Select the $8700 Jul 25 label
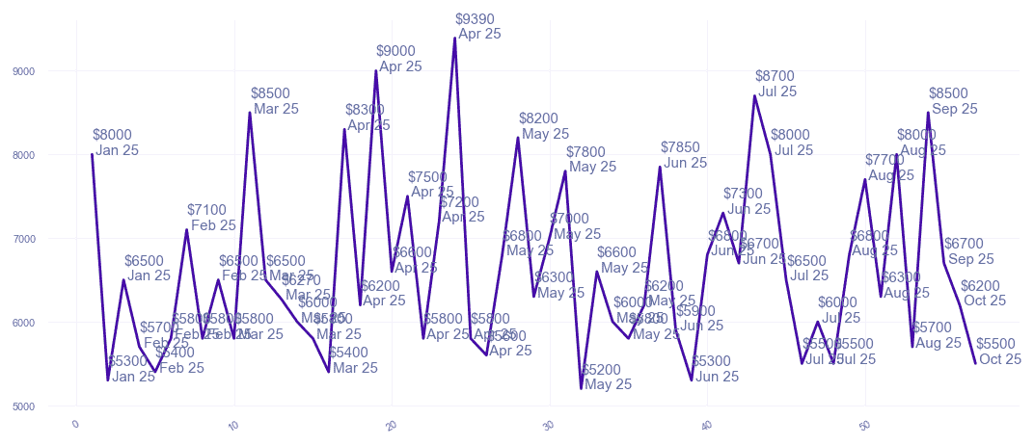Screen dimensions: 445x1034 (776, 84)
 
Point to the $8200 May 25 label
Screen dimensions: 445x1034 (543, 126)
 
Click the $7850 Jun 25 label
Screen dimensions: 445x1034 (684, 155)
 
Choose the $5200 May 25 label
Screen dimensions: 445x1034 (607, 377)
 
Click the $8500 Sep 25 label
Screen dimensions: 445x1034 (953, 101)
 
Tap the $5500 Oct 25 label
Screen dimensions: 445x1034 (998, 352)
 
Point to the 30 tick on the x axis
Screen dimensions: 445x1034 (548, 425)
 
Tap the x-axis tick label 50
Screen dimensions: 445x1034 (863, 425)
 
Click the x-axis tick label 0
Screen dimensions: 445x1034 (75, 424)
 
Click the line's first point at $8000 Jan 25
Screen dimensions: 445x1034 (93, 154)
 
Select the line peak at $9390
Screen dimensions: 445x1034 (454, 39)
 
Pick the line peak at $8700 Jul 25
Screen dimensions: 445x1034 (754, 95)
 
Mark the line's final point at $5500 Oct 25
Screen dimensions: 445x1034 (975, 363)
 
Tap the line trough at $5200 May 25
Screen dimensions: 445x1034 (582, 388)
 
